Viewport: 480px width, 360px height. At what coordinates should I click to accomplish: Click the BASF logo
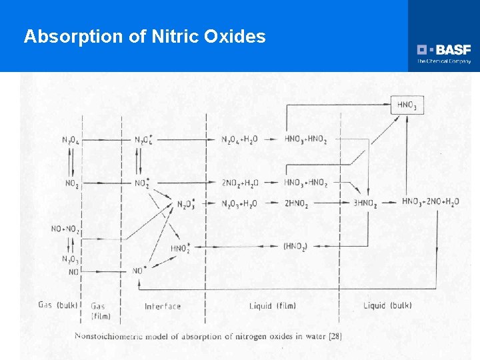444,50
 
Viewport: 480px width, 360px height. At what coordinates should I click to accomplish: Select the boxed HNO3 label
407,105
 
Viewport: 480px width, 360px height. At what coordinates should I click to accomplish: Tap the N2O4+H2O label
239,139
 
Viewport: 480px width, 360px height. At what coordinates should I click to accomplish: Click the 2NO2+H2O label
240,183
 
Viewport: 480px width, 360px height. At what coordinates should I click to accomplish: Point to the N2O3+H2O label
239,203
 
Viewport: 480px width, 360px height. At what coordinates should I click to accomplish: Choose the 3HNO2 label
364,203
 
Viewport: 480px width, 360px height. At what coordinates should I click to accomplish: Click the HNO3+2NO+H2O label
430,202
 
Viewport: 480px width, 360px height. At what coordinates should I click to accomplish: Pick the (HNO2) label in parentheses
295,247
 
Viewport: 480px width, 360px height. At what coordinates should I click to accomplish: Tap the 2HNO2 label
296,203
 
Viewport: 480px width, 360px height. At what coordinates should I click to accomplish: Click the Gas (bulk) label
55,305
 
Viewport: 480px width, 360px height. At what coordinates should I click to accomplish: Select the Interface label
163,306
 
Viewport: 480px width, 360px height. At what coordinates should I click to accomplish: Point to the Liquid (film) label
272,306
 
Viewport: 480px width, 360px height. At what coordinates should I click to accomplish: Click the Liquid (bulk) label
387,306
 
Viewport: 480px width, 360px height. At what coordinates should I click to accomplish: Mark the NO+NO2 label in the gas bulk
65,229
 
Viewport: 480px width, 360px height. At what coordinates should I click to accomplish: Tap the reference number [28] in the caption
335,336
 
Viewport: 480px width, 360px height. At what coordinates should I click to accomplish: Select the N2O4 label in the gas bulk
69,140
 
